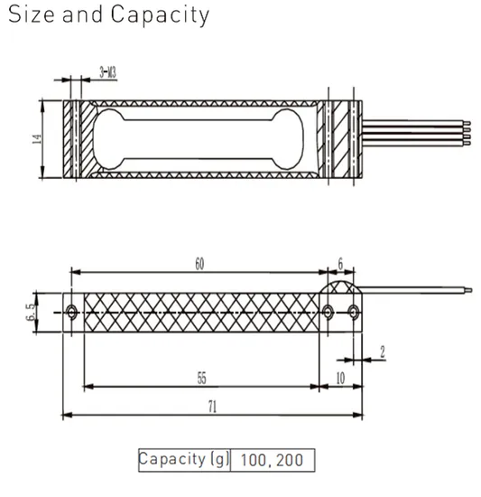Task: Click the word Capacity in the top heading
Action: coord(161,15)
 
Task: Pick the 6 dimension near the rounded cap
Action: coord(339,264)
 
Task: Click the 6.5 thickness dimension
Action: coord(33,311)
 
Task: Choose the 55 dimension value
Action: coord(204,377)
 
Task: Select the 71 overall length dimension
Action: coord(212,408)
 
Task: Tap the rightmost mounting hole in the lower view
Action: coord(354,312)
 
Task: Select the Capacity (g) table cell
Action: coord(185,459)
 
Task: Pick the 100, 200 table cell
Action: coord(273,460)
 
